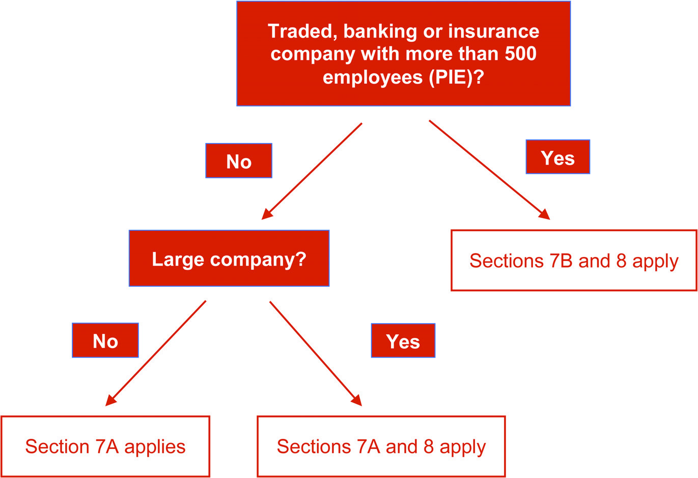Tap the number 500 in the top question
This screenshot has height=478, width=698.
[520, 54]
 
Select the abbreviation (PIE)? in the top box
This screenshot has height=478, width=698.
[456, 77]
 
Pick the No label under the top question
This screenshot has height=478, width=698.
[239, 161]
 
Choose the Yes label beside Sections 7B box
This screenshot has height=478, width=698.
[557, 157]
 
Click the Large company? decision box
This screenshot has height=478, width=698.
[229, 258]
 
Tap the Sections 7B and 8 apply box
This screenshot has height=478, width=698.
[574, 260]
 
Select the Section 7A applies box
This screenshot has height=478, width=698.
[105, 446]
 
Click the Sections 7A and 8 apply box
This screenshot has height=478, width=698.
[381, 446]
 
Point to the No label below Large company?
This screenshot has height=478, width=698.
[105, 340]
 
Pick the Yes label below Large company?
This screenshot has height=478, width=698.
[403, 341]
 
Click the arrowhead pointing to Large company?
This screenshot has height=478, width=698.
[266, 215]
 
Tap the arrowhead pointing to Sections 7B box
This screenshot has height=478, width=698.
[545, 215]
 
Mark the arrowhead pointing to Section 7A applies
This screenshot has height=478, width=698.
[110, 401]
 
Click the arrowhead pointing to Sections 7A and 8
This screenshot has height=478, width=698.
[357, 401]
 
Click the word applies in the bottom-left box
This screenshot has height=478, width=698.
[155, 447]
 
